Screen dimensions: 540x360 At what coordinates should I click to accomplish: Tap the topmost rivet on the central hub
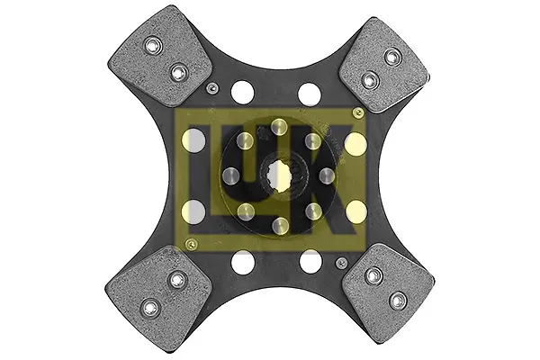279,127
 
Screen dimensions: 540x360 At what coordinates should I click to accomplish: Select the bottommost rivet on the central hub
280,226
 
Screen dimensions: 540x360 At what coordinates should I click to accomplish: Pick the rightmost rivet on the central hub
328,176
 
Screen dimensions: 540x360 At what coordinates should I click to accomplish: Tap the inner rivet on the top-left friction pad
178,72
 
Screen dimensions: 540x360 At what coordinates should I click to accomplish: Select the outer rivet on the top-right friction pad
391,55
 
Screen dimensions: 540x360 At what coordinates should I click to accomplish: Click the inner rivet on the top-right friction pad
370,81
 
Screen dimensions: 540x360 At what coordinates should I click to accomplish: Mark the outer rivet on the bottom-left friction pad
150,306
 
